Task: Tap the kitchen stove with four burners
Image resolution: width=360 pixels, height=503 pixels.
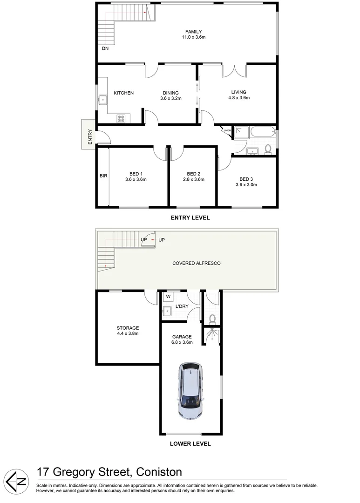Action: coord(121,118)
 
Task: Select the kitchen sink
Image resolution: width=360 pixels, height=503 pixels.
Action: coord(103,99)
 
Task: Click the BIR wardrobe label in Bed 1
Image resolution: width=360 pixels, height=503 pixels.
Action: coord(103,176)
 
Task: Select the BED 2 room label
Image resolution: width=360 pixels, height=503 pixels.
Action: coord(193,174)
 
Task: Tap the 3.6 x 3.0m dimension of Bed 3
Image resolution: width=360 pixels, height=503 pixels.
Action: coord(246,185)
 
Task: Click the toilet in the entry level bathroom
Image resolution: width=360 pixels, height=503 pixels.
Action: coord(268,149)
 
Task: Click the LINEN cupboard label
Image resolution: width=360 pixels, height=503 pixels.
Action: coord(227,130)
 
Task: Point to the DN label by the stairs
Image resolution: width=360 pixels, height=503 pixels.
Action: coord(105,48)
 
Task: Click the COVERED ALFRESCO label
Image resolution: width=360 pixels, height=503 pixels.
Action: coord(196,263)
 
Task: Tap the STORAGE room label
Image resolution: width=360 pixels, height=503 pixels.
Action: coord(128,328)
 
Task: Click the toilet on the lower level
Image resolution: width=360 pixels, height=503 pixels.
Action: coord(212,319)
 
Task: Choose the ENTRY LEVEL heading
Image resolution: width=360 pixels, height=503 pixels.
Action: coord(190,218)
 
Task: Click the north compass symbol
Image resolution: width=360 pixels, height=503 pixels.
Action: coord(17,478)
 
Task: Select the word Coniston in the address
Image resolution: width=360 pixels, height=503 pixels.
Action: coord(158,472)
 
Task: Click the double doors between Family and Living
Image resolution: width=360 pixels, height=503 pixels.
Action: coord(234,71)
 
